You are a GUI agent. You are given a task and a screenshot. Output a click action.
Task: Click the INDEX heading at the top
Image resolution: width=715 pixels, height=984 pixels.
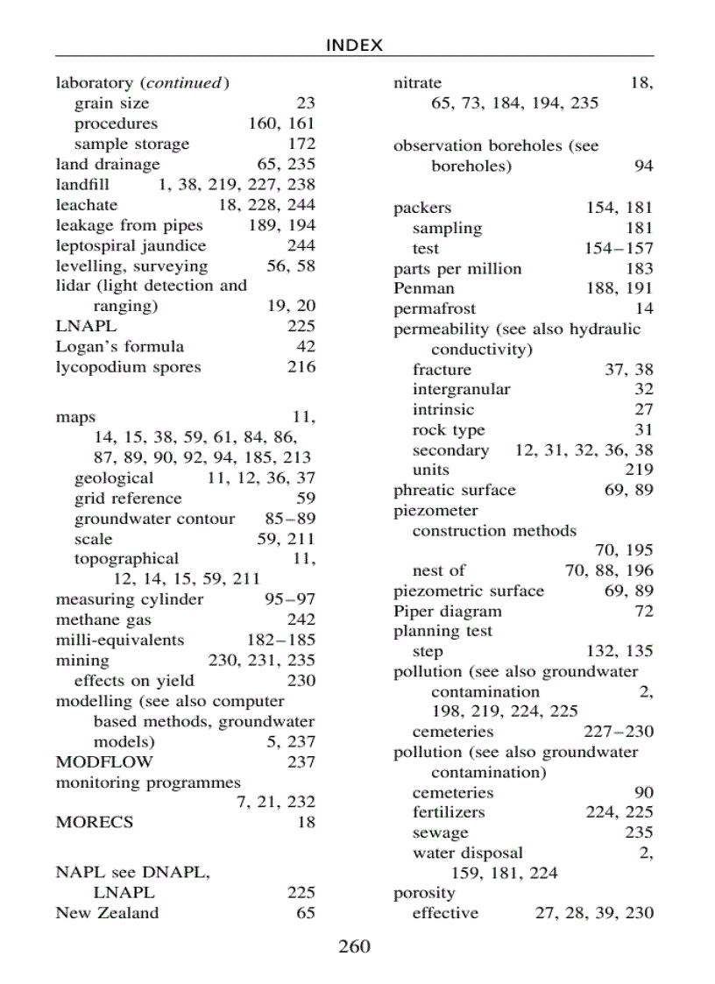point(354,46)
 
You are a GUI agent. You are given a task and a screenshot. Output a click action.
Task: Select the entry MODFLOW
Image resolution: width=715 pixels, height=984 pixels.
point(103,761)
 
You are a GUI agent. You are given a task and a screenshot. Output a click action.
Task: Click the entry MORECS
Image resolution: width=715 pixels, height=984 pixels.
point(95,822)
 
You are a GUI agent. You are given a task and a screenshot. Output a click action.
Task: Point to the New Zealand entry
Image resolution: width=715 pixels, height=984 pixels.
point(107,913)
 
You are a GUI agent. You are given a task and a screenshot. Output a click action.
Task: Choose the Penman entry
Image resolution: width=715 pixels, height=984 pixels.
point(424,288)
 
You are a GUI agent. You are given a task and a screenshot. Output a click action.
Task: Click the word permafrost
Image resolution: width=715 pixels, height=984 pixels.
point(435,308)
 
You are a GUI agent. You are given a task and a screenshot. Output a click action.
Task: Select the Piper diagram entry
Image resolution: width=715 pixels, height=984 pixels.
point(447,612)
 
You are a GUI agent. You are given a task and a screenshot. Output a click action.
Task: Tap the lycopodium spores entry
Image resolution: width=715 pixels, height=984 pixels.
point(128,367)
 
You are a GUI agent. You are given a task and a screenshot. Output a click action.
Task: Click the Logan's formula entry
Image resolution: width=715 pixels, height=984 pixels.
point(120,346)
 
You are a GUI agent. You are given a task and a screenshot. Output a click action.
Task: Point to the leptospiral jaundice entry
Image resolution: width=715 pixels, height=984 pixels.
point(131,245)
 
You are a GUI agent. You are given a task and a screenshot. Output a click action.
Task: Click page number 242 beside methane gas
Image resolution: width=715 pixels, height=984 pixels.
point(301,620)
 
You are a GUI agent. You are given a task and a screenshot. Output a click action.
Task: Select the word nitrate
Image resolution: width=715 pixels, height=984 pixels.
point(417,83)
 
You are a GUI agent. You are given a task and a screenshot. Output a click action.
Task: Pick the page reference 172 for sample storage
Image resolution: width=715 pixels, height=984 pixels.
point(301,144)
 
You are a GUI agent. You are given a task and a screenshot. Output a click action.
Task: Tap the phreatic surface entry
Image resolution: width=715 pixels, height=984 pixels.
point(454,490)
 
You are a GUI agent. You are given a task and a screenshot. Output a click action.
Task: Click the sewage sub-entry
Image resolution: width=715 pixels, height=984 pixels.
point(440,833)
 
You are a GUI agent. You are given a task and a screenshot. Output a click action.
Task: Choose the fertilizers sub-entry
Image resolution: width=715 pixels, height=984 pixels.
point(448,812)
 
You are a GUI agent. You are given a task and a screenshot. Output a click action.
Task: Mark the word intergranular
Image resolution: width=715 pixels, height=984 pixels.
point(461,389)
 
